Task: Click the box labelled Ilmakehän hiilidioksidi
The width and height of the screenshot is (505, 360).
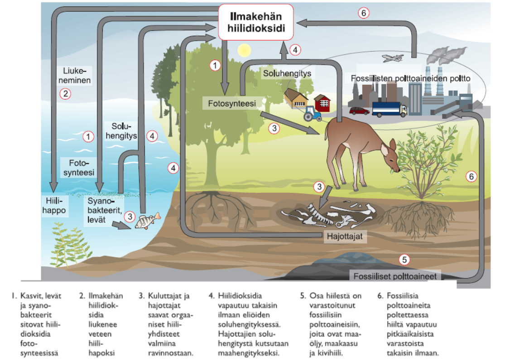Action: [x=256, y=22]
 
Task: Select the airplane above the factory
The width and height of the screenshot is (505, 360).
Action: [x=392, y=58]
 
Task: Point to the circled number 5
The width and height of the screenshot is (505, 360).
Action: [x=404, y=259]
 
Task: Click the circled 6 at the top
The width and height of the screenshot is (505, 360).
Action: [x=363, y=13]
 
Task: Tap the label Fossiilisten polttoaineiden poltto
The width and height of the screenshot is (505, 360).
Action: [x=410, y=78]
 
